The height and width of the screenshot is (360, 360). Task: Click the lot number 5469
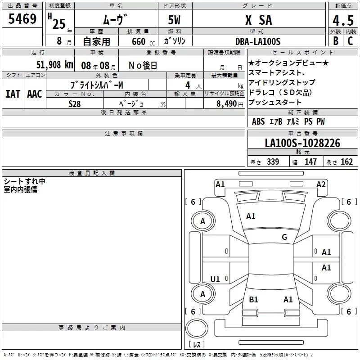(22, 19)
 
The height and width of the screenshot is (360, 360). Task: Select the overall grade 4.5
(343, 20)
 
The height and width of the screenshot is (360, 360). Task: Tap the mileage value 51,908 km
(55, 65)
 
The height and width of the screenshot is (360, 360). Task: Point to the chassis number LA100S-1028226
(302, 143)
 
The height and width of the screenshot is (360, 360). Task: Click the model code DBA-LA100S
(258, 41)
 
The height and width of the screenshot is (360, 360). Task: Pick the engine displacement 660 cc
(143, 42)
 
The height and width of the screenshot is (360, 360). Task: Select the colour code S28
(74, 104)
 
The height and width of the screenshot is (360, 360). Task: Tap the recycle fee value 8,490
(226, 104)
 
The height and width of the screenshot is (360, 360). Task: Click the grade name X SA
(259, 20)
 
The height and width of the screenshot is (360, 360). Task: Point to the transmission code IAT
(13, 94)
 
